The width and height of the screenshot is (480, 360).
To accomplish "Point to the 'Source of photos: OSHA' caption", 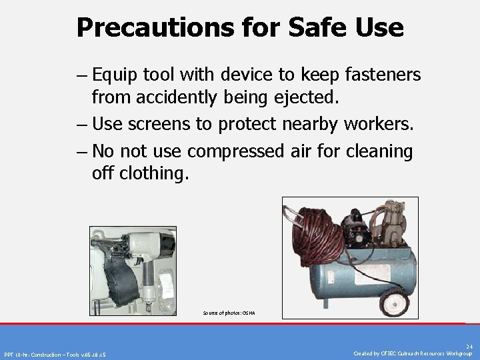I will (x=229, y=313).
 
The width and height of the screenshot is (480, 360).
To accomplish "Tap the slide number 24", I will (x=469, y=347).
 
